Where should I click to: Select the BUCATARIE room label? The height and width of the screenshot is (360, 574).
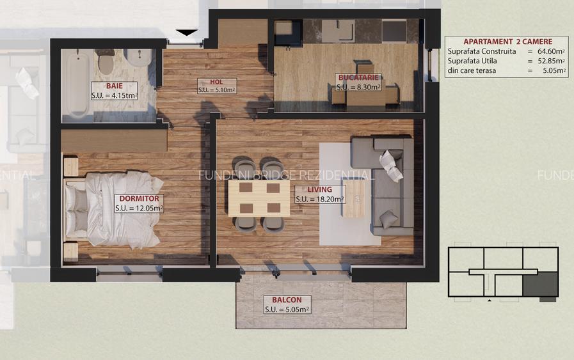pos(359,78)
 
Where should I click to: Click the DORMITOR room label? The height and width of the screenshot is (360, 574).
pos(139,199)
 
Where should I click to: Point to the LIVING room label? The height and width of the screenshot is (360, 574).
pos(319,189)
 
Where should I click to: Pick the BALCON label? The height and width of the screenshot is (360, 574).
pos(287,300)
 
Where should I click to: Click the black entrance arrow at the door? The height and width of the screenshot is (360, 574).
pos(186,33)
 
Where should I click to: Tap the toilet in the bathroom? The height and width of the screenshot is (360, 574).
pos(106,63)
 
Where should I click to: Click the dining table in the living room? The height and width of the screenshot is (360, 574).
pos(255,198)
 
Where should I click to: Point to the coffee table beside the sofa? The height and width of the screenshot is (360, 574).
pos(354,198)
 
